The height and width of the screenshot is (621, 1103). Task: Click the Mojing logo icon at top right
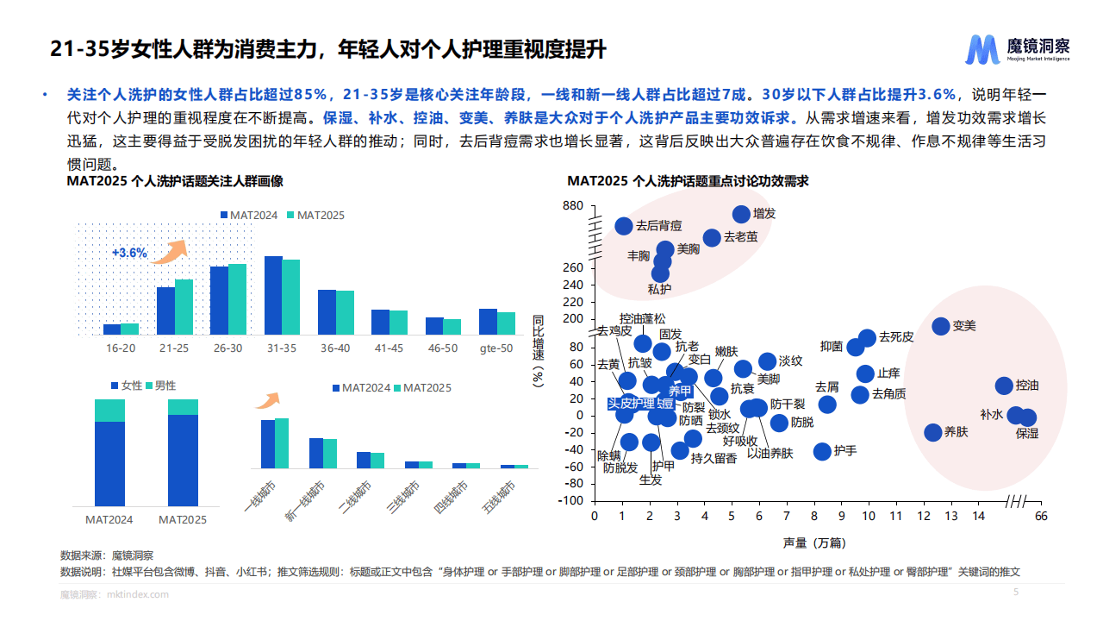[982, 50]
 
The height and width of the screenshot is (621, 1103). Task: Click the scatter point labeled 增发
[741, 214]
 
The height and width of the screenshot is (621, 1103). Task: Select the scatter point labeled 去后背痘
[624, 226]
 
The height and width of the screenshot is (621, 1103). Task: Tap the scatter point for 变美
[941, 326]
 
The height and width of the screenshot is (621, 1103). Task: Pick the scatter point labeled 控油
[1004, 386]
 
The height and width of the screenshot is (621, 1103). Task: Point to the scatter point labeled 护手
[822, 451]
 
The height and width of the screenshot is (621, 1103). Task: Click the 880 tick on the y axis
[572, 205]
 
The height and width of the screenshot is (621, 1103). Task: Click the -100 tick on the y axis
[570, 501]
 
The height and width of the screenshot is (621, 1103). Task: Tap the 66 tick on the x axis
[1041, 516]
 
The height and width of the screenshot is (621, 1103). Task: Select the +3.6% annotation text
[129, 254]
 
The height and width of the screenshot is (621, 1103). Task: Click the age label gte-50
[496, 348]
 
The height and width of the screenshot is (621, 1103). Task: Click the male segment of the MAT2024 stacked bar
[109, 411]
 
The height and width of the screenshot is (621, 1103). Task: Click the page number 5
[1015, 593]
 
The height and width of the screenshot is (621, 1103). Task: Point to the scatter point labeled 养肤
[933, 433]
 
